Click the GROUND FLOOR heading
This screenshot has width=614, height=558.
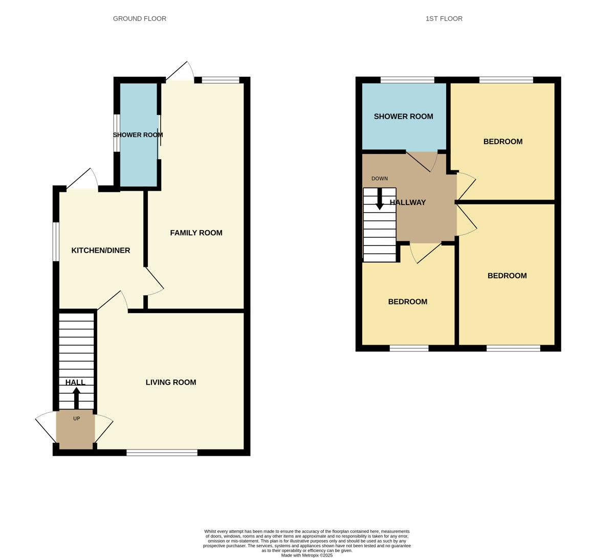coord(140,19)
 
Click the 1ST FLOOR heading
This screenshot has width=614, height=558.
coord(444,19)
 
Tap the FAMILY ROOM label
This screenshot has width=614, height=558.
coord(196,233)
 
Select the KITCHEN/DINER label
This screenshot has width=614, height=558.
coord(101,251)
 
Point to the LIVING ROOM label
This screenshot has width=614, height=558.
coord(171,382)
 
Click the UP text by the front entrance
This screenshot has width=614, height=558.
coord(77,418)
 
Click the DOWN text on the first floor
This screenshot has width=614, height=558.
coord(380,178)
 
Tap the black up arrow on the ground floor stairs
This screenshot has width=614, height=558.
coord(77,398)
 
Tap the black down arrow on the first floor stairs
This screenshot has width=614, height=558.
coord(380,199)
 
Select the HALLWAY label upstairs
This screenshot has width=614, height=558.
coord(408,203)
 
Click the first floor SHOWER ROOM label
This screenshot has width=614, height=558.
coord(403,117)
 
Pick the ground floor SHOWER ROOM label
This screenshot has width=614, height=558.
coord(138,135)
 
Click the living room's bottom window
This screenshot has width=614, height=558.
coord(162,453)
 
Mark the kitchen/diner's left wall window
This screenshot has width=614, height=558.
coord(56,241)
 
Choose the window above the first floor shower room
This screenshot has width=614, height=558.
coord(407,80)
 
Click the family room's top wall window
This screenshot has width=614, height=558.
coord(221,80)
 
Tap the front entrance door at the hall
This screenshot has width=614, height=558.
coord(46,427)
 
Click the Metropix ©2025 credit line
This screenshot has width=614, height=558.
coord(306,555)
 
